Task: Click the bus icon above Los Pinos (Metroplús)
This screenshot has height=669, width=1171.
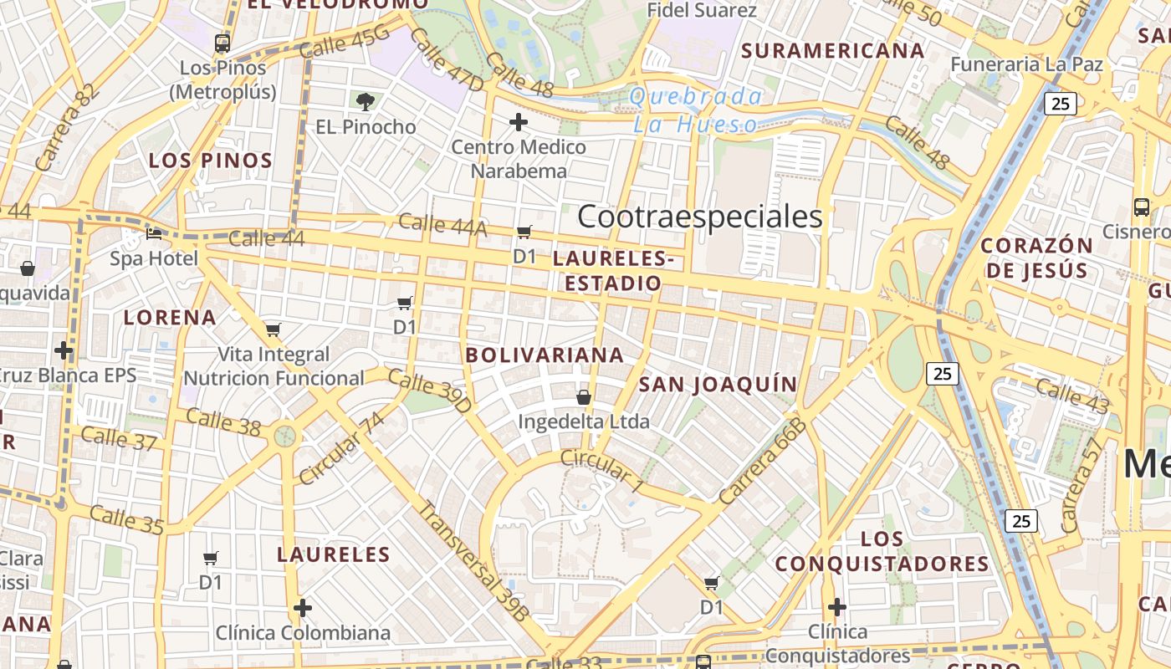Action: (x=222, y=43)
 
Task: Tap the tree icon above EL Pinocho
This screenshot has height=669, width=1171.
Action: (x=365, y=102)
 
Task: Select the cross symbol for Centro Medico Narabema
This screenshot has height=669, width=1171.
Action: (x=519, y=122)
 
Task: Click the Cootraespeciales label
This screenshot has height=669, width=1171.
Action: (x=700, y=217)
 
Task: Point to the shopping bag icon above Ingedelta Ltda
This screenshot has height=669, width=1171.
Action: (x=584, y=397)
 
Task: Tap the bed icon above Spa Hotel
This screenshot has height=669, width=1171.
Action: (x=154, y=234)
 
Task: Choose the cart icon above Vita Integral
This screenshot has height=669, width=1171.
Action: (x=273, y=329)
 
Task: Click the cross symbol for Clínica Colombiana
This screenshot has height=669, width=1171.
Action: (x=303, y=607)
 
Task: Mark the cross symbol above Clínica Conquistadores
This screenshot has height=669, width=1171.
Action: (x=836, y=606)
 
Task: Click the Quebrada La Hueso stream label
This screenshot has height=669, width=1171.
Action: (x=696, y=110)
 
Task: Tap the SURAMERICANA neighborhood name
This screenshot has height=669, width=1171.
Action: (x=833, y=50)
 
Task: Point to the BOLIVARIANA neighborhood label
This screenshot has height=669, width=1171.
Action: (x=545, y=355)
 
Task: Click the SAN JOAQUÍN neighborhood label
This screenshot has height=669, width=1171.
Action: (x=718, y=384)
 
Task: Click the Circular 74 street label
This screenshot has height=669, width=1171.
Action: (x=341, y=448)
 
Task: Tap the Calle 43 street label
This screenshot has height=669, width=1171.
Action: (x=1072, y=396)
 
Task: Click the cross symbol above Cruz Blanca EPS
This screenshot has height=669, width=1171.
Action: (x=64, y=350)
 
